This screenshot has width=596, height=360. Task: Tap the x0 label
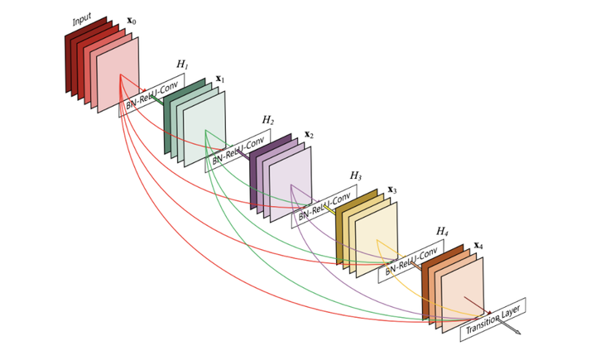point(131,19)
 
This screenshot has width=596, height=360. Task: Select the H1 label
point(182,64)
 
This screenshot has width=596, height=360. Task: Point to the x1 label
point(220,79)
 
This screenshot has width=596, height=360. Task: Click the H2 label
point(267,120)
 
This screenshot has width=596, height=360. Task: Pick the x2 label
point(309,134)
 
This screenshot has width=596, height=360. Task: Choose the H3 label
point(355,175)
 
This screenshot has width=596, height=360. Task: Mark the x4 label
point(478,246)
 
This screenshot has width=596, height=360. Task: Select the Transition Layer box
point(494,319)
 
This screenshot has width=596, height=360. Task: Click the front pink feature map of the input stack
point(119,74)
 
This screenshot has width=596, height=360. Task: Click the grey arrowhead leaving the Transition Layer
point(517,333)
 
